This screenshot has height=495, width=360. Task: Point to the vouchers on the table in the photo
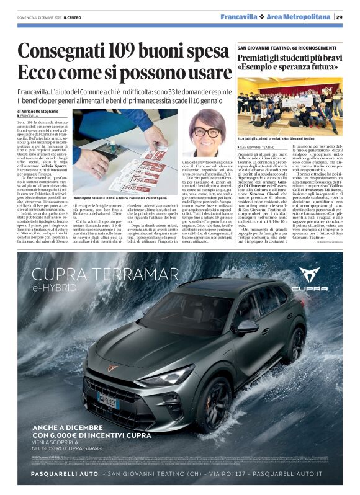tap(143, 171)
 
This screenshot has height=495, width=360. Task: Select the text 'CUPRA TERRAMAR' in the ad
tap(96, 274)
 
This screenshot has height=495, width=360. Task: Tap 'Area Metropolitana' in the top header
tap(299, 17)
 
